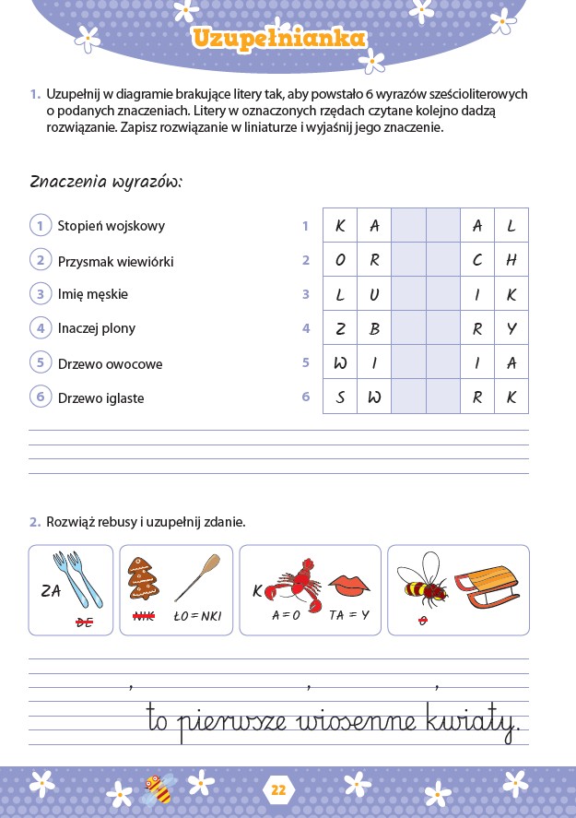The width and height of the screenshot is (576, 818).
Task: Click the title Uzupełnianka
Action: (279, 39)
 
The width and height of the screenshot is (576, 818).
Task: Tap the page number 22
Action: (279, 789)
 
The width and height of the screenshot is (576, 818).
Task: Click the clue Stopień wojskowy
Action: (111, 226)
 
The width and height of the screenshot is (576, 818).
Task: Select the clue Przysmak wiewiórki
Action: (115, 262)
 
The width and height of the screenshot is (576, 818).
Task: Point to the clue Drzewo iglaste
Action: (100, 398)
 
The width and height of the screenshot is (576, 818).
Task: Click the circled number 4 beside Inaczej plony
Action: (41, 327)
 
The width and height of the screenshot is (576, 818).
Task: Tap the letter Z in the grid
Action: (340, 328)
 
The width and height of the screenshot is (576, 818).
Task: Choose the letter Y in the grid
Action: (511, 328)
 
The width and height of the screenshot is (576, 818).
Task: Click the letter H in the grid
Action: (511, 260)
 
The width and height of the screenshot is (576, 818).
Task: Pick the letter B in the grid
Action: (374, 328)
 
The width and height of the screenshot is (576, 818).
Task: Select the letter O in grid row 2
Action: (340, 260)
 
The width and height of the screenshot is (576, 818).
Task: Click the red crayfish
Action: (295, 584)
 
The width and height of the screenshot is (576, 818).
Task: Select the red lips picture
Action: (349, 585)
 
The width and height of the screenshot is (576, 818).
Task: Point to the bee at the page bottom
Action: (159, 788)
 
